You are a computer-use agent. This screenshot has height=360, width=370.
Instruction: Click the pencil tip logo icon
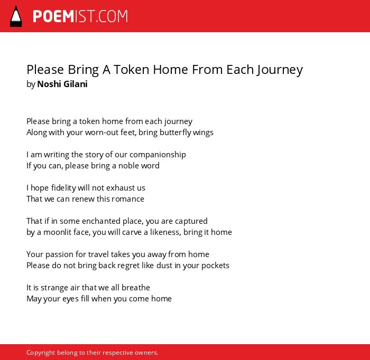[16, 16]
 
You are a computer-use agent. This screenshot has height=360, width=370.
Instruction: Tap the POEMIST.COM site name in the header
[80, 16]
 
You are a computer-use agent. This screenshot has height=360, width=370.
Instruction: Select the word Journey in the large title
[280, 70]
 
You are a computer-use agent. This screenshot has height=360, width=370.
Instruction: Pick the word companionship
[158, 155]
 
